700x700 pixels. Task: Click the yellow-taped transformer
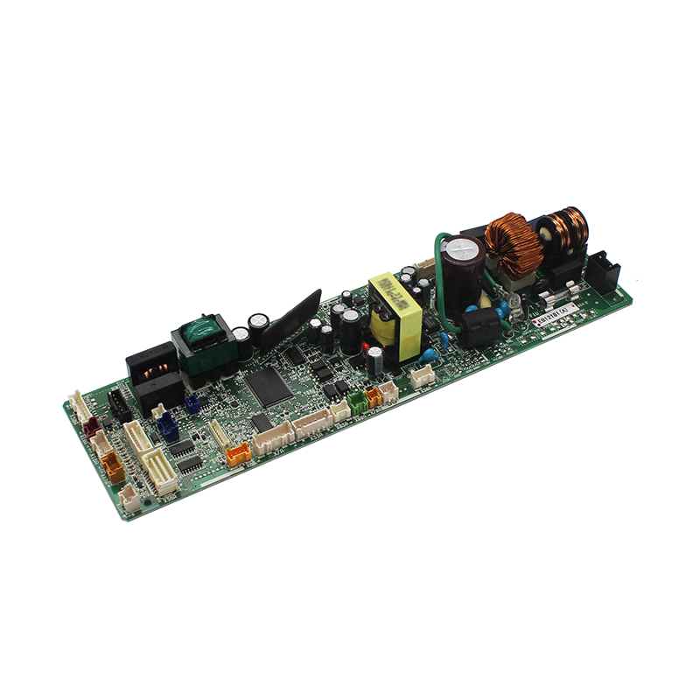[395, 318]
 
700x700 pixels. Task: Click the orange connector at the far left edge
[114, 469]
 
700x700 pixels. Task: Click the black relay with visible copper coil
[156, 368]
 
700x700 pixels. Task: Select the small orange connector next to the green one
[374, 395]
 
